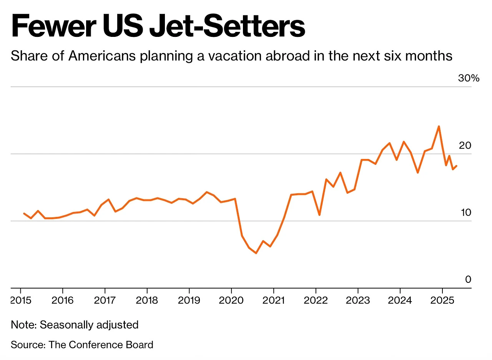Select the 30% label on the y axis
[x=469, y=78]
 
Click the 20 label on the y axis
[x=465, y=146]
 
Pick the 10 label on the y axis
[x=465, y=212]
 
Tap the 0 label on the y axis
[x=468, y=279]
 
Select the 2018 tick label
[x=147, y=300]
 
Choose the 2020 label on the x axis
[x=231, y=300]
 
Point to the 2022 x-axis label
[x=316, y=300]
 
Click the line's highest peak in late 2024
[x=439, y=126]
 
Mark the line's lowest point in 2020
[x=256, y=253]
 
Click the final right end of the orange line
[x=456, y=166]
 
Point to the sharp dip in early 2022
[x=319, y=215]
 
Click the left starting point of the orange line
[x=24, y=213]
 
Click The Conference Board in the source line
[x=101, y=345]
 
